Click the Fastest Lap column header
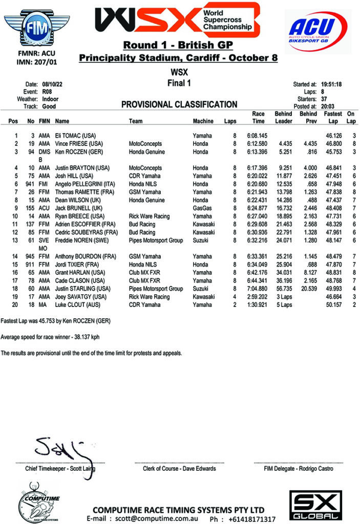333,117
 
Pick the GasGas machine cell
202,209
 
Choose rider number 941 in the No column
30,184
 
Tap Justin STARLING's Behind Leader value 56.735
283,288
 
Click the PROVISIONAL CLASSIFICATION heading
179,104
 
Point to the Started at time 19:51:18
332,84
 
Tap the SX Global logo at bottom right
313,505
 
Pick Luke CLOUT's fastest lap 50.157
333,304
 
